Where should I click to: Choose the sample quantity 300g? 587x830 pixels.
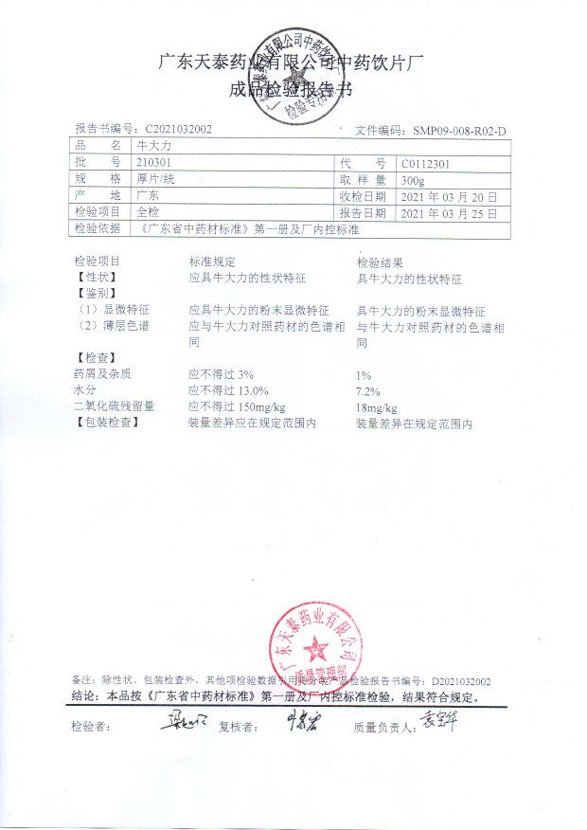(x=414, y=179)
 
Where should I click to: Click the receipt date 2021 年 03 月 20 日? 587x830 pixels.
(x=449, y=196)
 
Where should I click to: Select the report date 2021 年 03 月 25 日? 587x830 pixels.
(x=449, y=212)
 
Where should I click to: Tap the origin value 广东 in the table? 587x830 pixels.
(x=148, y=196)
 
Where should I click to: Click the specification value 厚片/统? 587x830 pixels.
(x=155, y=179)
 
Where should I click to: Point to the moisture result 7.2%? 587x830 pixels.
(x=367, y=391)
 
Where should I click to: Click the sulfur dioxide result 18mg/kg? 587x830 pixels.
(x=374, y=407)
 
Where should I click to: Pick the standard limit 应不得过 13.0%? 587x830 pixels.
(x=229, y=390)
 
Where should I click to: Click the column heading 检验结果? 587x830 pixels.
(x=381, y=262)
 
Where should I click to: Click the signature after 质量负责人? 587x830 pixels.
(x=439, y=725)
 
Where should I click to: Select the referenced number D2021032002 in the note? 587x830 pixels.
(x=461, y=681)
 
